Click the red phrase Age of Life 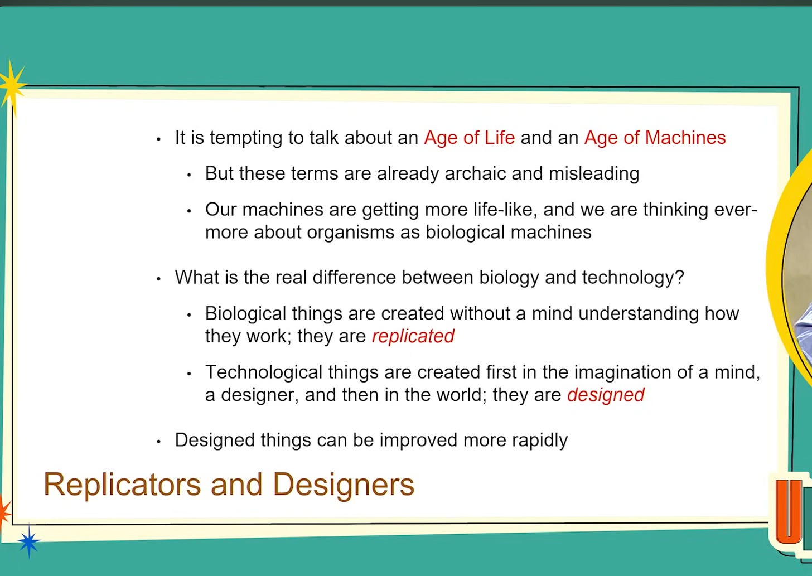click(x=470, y=138)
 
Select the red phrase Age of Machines click(x=655, y=138)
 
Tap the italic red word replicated click(x=413, y=336)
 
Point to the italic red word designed click(x=606, y=395)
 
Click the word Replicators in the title click(x=122, y=485)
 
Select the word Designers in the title click(x=344, y=485)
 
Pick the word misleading click(x=594, y=173)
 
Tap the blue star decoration click(x=28, y=541)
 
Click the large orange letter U click(x=788, y=511)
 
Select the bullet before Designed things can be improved click(x=158, y=442)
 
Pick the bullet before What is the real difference click(x=158, y=279)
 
